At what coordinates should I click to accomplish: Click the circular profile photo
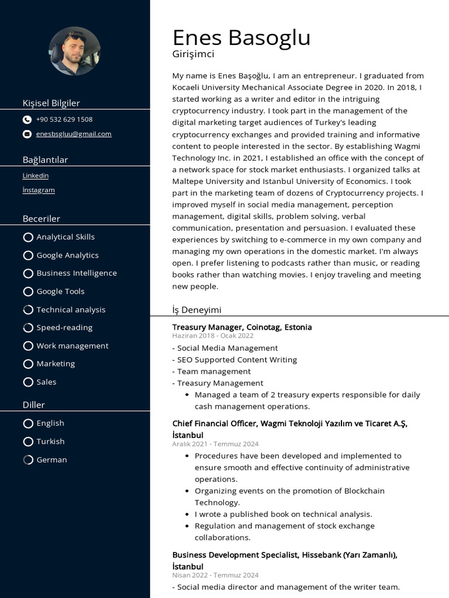pyautogui.click(x=75, y=51)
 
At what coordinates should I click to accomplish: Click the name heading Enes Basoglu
pyautogui.click(x=241, y=38)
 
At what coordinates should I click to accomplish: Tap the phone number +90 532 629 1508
pyautogui.click(x=64, y=120)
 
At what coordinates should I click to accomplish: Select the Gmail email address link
pyautogui.click(x=74, y=134)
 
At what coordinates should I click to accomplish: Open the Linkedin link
pyautogui.click(x=36, y=176)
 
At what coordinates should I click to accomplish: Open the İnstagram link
pyautogui.click(x=39, y=190)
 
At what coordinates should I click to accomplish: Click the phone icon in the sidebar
pyautogui.click(x=27, y=120)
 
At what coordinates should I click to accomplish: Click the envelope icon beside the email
pyautogui.click(x=27, y=134)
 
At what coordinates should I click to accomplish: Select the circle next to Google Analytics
pyautogui.click(x=28, y=255)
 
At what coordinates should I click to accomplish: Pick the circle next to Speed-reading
pyautogui.click(x=28, y=328)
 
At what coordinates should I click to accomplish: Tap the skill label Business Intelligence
pyautogui.click(x=77, y=273)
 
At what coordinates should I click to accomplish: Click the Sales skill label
pyautogui.click(x=47, y=382)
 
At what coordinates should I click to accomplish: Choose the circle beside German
pyautogui.click(x=28, y=460)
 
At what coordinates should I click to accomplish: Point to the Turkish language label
pyautogui.click(x=50, y=441)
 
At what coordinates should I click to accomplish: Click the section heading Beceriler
pyautogui.click(x=42, y=218)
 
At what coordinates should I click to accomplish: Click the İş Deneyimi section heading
pyautogui.click(x=197, y=310)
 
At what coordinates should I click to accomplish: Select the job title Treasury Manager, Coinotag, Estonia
pyautogui.click(x=242, y=327)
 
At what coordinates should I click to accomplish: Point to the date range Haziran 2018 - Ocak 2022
pyautogui.click(x=213, y=336)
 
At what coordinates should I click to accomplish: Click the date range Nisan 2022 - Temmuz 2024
pyautogui.click(x=215, y=575)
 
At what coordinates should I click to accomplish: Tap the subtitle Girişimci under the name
pyautogui.click(x=194, y=54)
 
